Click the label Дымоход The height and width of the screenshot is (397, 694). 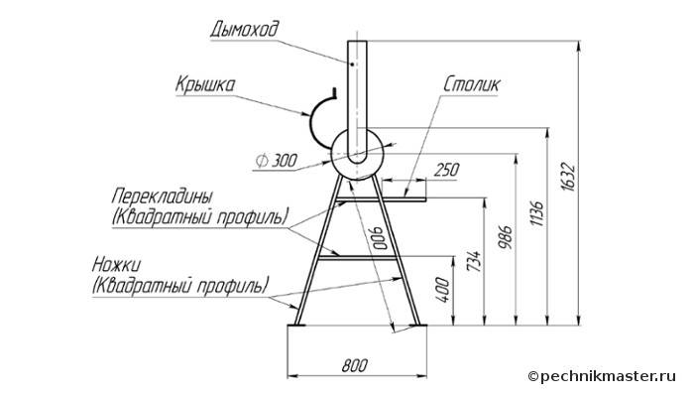pyautogui.click(x=243, y=28)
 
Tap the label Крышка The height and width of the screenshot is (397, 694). pyautogui.click(x=205, y=85)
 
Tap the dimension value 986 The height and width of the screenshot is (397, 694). pyautogui.click(x=506, y=237)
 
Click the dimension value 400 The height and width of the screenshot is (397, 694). pyautogui.click(x=443, y=289)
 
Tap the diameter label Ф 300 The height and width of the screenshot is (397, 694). pyautogui.click(x=276, y=160)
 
